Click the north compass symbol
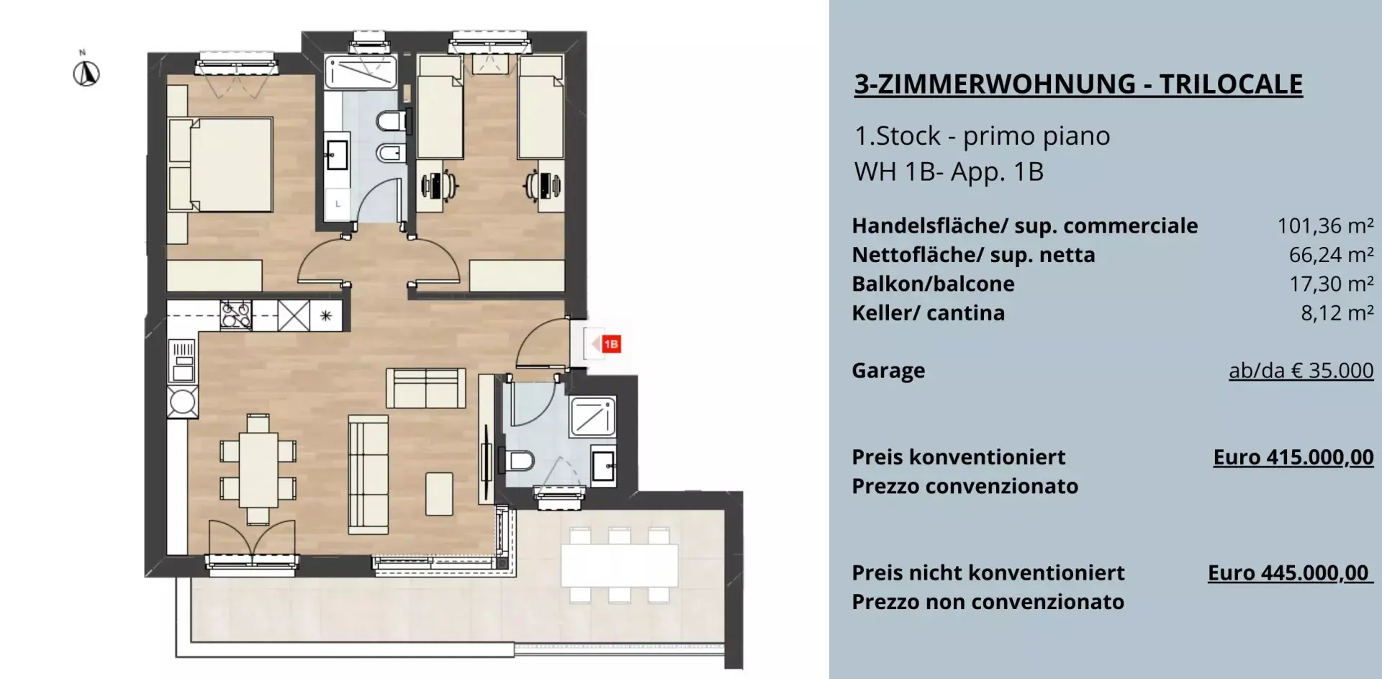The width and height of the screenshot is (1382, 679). (86, 73)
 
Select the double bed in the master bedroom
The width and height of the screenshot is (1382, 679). (220, 165)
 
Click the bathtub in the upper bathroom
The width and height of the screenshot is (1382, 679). (361, 73)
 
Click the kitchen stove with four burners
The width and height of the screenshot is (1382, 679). (235, 315)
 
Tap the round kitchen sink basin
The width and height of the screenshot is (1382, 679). (182, 402)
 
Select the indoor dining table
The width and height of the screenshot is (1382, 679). (258, 469)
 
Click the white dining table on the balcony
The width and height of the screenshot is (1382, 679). (620, 565)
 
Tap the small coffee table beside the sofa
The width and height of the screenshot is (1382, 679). (439, 493)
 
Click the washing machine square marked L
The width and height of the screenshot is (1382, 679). (338, 204)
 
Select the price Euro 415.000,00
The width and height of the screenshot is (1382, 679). (1293, 457)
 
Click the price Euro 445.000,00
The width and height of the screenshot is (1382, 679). (1288, 572)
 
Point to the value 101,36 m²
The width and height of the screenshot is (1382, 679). (1325, 226)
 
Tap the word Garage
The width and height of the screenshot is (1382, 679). (888, 371)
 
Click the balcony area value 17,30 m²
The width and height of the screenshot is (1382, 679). (1331, 284)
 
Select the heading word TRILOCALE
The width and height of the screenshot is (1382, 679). (1231, 84)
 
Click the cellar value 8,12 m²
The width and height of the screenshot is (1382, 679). (1337, 312)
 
